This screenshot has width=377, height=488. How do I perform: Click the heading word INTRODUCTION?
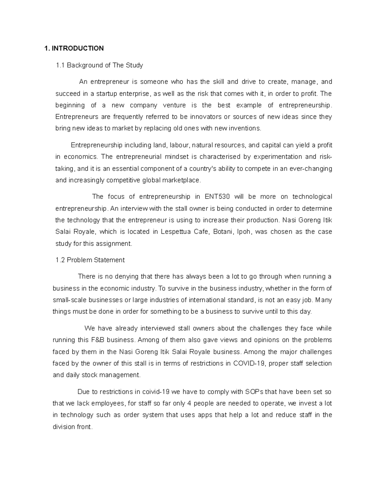tap(78, 48)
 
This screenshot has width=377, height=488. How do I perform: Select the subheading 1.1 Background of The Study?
tap(99, 65)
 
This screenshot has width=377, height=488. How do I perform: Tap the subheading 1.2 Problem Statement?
tap(90, 260)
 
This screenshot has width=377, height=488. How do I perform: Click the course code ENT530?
tap(217, 197)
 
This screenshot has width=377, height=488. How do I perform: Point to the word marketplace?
tap(183, 180)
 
